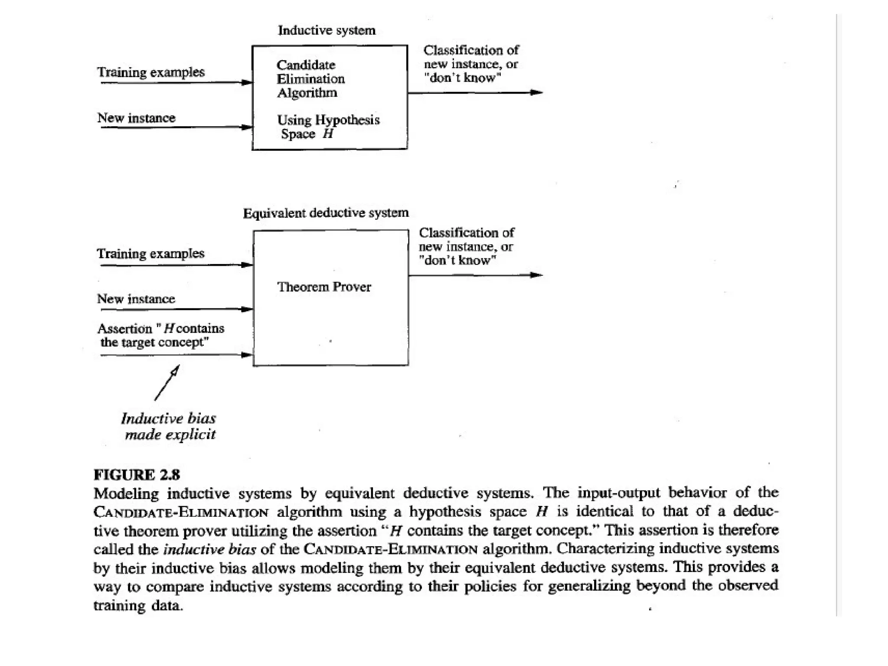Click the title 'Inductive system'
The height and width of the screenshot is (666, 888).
point(326,30)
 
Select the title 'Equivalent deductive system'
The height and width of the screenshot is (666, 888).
point(326,213)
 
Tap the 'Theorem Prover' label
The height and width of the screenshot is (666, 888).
point(324,287)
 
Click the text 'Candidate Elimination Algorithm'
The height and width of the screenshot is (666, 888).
point(310,79)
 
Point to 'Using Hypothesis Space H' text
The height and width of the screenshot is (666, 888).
point(328,127)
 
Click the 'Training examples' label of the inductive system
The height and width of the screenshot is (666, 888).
point(150,72)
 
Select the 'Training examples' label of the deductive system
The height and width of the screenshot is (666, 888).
point(150,254)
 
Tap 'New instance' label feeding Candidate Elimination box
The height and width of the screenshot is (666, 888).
point(136,118)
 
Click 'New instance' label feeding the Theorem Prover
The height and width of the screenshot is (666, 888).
point(136,299)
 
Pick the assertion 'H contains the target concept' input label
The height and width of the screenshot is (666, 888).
point(160,335)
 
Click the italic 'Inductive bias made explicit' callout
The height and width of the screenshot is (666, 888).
point(169,426)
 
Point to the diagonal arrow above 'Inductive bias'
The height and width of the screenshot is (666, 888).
point(167,382)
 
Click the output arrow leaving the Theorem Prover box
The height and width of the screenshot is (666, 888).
point(475,275)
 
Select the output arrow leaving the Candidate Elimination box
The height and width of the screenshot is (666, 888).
point(475,92)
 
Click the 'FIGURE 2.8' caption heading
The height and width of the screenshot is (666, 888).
point(137,475)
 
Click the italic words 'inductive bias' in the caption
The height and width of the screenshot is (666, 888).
point(209,549)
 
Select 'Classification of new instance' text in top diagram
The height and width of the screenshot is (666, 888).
point(471,57)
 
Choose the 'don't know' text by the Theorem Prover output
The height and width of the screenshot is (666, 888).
point(457,261)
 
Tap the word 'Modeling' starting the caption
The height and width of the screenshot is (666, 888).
point(126,493)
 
